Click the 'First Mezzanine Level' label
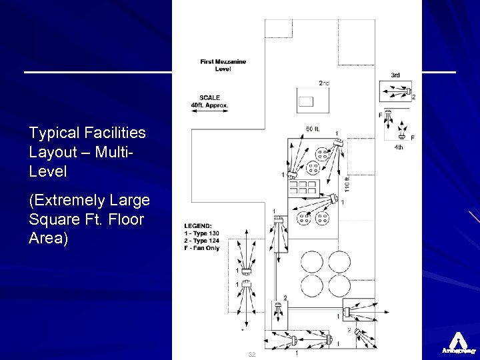223,65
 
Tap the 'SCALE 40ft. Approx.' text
209,101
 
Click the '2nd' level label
324,83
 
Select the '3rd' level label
395,75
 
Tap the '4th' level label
399,147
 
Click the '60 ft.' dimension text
313,129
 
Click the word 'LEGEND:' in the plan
199,225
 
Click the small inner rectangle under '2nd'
306,102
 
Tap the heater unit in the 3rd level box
407,92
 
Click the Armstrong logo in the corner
458,342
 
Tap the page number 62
251,354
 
